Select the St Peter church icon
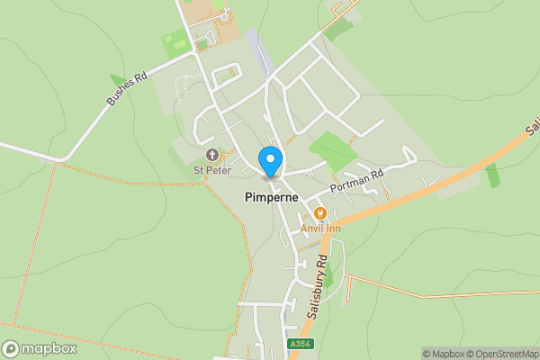(x=212, y=155)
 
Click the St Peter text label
(x=212, y=169)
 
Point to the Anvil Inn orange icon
(x=319, y=213)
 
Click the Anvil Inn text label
(x=319, y=228)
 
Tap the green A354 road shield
(x=301, y=344)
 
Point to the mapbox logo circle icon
(x=11, y=349)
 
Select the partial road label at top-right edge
(x=532, y=128)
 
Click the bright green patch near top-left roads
(x=173, y=43)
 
